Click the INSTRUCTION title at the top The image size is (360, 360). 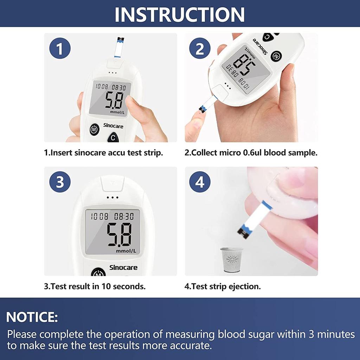(x=180, y=14)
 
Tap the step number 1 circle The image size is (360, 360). (x=60, y=49)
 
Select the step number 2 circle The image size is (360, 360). (x=200, y=49)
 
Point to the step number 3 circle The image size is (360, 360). (x=60, y=182)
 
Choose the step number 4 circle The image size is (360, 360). (x=200, y=182)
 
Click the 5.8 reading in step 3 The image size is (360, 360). (x=119, y=234)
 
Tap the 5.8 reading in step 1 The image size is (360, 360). (x=114, y=101)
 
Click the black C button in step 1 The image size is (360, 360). (x=113, y=138)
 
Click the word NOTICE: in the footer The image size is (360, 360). (x=32, y=317)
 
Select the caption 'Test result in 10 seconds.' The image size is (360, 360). (x=95, y=286)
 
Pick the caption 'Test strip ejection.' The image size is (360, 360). (x=223, y=286)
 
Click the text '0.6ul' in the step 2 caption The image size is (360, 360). (x=251, y=153)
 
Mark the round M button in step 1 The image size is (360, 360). (x=94, y=130)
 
